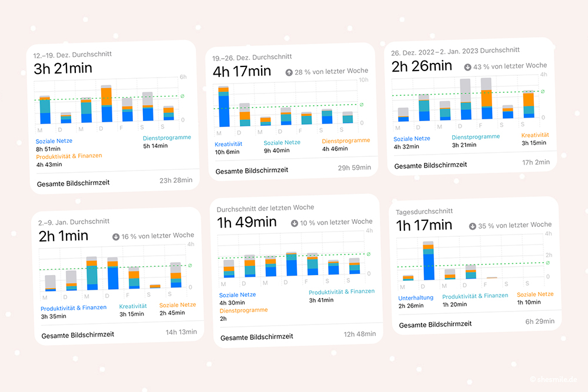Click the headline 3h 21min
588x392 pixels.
click(63, 69)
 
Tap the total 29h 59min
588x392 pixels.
click(355, 167)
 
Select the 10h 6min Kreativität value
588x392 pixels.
click(227, 152)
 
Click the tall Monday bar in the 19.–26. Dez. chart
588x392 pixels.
click(224, 106)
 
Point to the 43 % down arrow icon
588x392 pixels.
click(467, 67)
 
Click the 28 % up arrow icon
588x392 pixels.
click(289, 72)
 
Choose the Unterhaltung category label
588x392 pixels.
click(416, 298)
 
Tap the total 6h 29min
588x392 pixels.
click(540, 321)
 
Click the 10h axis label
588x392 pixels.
click(363, 80)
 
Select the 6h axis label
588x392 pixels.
click(183, 77)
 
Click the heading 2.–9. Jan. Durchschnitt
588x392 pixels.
click(74, 222)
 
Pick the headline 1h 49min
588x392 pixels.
click(247, 222)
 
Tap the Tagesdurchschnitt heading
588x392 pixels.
click(424, 212)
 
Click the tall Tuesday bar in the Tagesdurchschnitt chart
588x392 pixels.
click(428, 261)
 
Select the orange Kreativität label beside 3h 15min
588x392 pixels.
click(534, 135)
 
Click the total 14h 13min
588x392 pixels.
click(181, 332)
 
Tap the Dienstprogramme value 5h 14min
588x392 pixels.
click(155, 146)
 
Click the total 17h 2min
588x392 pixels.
click(536, 162)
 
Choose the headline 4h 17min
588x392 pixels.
click(242, 71)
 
